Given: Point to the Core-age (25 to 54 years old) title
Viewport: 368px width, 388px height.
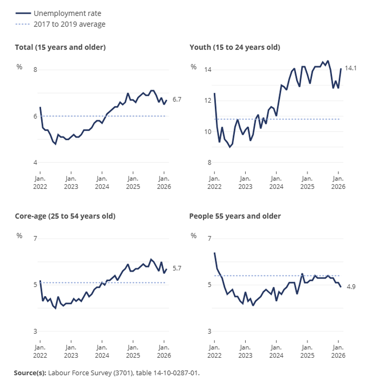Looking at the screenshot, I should [x=65, y=216].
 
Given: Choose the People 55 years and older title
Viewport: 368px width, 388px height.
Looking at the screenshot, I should [x=235, y=216].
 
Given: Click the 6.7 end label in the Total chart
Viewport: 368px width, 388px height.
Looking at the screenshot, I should [x=177, y=100].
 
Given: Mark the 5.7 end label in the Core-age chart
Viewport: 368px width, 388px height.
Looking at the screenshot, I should [x=177, y=268].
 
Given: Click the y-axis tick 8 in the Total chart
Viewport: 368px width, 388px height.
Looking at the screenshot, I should [x=35, y=70].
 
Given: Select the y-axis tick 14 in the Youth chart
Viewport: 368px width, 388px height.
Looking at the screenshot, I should [x=208, y=70].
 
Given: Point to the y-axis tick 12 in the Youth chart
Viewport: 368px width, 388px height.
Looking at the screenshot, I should [x=208, y=100].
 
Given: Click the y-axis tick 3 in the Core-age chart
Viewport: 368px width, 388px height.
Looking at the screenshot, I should [x=35, y=331].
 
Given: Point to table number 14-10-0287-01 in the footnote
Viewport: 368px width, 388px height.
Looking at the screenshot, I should [x=172, y=373].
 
